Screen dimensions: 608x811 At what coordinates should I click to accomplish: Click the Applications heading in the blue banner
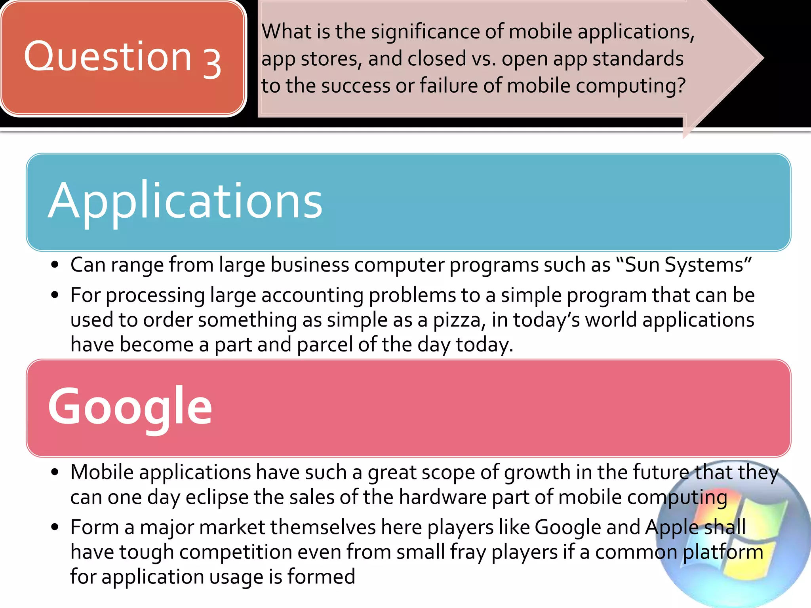pos(185,201)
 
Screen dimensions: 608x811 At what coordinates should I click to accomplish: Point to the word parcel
pos(325,344)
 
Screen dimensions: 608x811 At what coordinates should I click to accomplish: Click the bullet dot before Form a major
pos(55,527)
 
